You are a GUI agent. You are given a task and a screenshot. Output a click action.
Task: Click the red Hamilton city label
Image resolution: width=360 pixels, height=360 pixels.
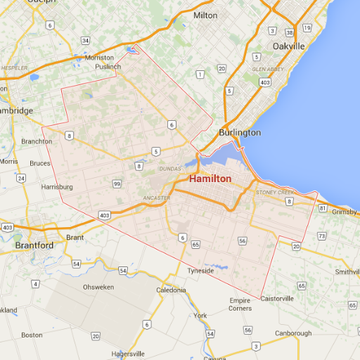pyautogui.click(x=210, y=179)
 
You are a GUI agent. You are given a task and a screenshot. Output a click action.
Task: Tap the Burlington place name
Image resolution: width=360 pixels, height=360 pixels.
pyautogui.click(x=239, y=132)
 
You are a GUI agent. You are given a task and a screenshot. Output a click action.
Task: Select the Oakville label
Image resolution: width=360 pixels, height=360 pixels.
pyautogui.click(x=288, y=46)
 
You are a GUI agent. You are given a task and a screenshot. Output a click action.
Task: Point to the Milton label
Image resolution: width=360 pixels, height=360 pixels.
pyautogui.click(x=205, y=15)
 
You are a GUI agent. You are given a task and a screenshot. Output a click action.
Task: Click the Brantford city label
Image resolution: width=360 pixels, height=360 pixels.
pyautogui.click(x=34, y=245)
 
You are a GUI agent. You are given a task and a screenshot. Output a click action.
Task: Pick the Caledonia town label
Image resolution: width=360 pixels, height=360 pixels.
pyautogui.click(x=171, y=290)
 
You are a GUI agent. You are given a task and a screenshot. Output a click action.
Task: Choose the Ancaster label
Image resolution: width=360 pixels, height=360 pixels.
pyautogui.click(x=156, y=198)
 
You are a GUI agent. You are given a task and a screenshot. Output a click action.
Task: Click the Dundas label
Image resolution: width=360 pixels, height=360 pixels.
pyautogui.click(x=169, y=169)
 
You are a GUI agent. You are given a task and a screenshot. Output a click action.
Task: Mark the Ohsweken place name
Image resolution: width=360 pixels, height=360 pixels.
pyautogui.click(x=98, y=287)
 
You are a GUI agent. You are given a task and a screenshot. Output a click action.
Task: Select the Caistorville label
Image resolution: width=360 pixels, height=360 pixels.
pyautogui.click(x=277, y=298)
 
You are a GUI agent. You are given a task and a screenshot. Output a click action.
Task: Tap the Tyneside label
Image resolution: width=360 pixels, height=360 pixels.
pyautogui.click(x=200, y=270)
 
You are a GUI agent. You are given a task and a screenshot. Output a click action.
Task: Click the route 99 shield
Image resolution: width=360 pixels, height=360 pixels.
pyautogui.click(x=117, y=184)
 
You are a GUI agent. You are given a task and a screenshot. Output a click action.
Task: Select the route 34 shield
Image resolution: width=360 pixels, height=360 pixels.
pyautogui.click(x=86, y=40)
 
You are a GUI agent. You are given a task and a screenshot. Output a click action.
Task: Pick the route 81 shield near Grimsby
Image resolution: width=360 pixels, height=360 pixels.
pyautogui.click(x=322, y=208)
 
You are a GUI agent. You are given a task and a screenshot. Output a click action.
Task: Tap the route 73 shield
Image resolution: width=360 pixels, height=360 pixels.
pyautogui.click(x=321, y=236)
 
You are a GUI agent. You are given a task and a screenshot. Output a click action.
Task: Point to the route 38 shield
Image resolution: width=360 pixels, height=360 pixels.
pyautogui.click(x=290, y=32)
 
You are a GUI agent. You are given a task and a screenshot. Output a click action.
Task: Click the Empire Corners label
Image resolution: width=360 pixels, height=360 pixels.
pyautogui.click(x=240, y=304)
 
